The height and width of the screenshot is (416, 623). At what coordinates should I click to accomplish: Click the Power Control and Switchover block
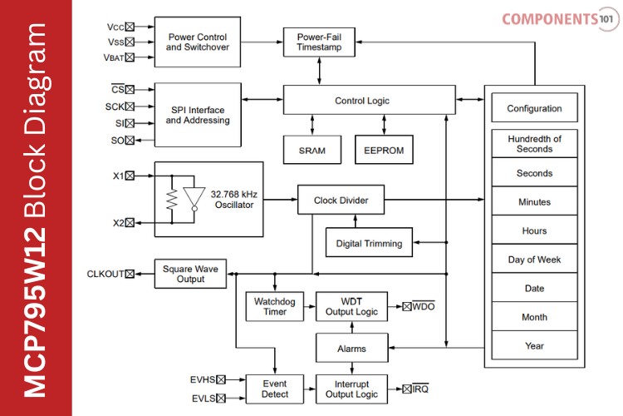coord(198,42)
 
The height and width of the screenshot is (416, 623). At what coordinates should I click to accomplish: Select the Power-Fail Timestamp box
coord(318,42)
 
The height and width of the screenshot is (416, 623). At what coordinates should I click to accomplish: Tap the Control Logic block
coord(361,101)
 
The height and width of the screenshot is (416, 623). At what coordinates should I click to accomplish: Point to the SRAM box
coord(311,151)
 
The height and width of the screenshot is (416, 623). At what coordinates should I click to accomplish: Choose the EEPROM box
coord(383,151)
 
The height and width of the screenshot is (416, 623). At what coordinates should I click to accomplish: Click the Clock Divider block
coord(341,201)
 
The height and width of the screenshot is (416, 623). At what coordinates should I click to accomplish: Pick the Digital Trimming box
coord(369,243)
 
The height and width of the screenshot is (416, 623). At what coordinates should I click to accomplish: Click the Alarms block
coord(351,349)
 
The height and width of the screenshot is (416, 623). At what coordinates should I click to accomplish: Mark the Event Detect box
coord(275,389)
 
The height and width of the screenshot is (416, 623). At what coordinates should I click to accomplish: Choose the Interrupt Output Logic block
coord(351,389)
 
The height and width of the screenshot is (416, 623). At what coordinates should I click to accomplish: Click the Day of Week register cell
coord(534,260)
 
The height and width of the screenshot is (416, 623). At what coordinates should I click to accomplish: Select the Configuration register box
coord(534,108)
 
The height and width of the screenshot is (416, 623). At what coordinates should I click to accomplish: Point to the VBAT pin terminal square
coord(129,57)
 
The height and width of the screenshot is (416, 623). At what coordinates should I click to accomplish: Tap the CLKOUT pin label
coord(104,274)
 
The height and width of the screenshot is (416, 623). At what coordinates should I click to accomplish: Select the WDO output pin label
coord(424,307)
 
